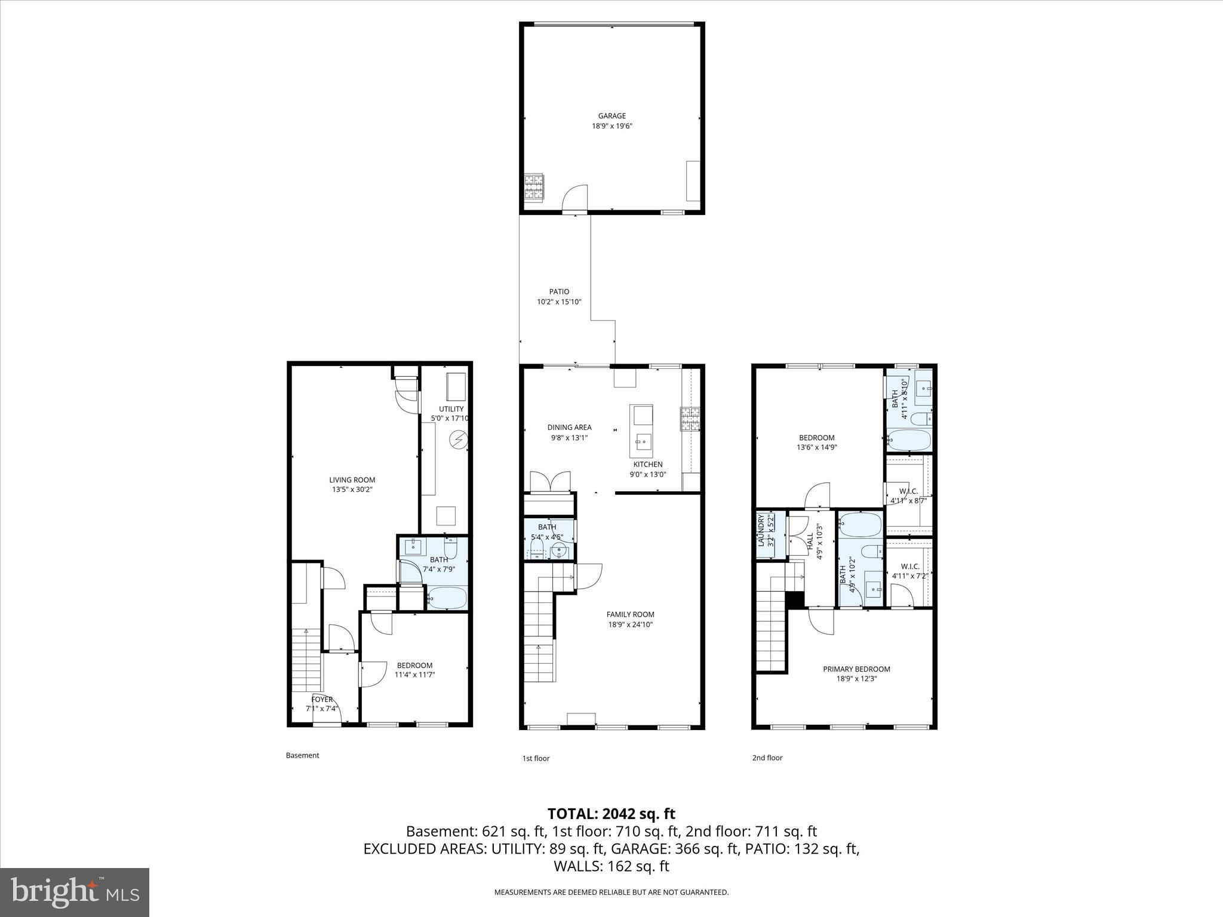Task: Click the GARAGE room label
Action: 612,116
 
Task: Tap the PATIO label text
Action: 559,291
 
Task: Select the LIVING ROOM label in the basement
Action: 352,479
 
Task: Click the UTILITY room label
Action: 451,409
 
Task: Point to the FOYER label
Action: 322,699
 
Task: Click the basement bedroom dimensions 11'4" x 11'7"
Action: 414,675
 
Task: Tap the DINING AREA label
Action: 569,427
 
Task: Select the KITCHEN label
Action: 647,464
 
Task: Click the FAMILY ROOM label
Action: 630,614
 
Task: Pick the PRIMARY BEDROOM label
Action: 856,669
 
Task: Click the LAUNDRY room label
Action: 761,531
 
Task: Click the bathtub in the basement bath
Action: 447,598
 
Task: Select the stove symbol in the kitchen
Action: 689,419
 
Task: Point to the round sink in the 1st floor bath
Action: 558,550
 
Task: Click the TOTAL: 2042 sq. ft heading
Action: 611,814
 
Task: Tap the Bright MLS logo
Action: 75,892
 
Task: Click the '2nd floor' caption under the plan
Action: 767,758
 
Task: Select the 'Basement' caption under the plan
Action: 302,755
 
